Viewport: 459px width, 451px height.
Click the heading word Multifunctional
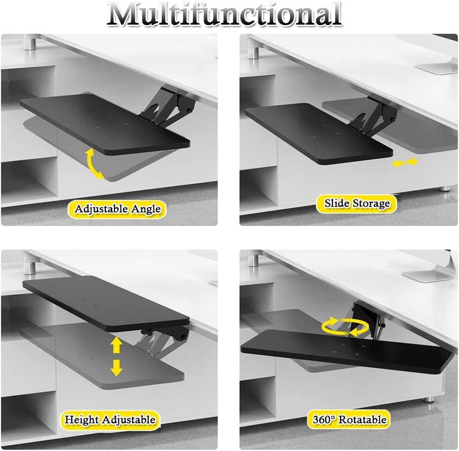click(x=224, y=14)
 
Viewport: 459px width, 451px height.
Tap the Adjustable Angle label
click(x=117, y=209)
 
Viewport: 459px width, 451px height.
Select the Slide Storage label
click(x=357, y=203)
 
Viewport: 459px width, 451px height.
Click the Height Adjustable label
click(x=110, y=419)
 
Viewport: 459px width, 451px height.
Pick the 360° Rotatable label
click(x=350, y=419)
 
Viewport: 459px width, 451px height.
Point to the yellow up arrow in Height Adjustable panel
click(x=116, y=346)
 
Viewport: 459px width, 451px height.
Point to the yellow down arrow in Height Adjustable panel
click(x=116, y=367)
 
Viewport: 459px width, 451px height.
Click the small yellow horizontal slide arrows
click(x=405, y=163)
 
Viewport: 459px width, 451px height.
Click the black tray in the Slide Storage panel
click(x=319, y=133)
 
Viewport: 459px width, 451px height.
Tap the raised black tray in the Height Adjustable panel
click(x=106, y=303)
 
